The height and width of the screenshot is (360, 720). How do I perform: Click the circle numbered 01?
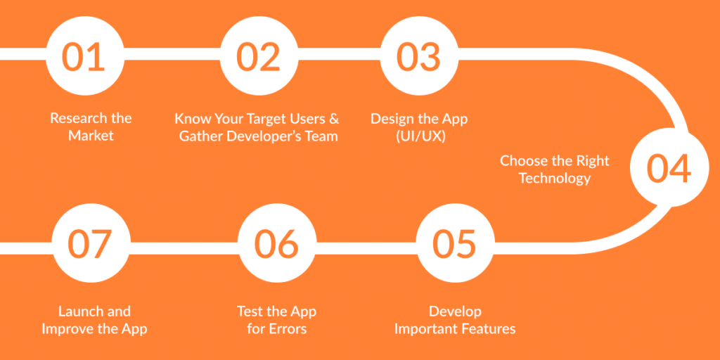84,56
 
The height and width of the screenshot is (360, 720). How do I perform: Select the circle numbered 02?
258,56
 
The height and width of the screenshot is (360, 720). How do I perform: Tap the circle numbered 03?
418,56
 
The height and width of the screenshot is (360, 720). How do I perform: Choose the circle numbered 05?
454,243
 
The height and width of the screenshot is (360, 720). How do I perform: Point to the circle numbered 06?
276,243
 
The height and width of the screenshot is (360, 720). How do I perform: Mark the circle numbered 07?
91,243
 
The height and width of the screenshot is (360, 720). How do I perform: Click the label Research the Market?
91,127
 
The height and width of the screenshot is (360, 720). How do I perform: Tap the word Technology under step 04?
554,178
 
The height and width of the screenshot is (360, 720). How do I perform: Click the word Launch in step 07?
79,311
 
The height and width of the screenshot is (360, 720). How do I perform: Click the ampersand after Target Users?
334,118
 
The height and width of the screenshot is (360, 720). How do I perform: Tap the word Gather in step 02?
200,136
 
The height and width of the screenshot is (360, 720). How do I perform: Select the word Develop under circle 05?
455,311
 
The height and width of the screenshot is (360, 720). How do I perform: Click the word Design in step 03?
392,118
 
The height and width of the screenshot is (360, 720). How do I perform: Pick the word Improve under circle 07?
69,328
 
